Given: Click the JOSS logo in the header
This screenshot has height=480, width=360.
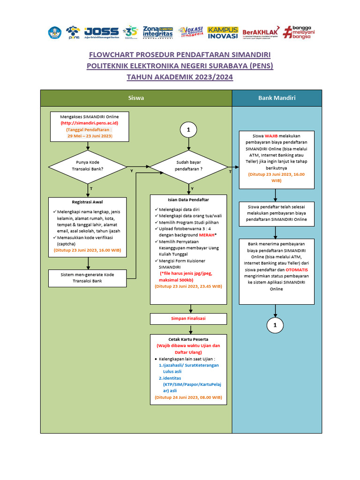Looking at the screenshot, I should [x=101, y=32].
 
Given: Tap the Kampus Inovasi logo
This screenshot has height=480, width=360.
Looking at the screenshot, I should [x=223, y=32].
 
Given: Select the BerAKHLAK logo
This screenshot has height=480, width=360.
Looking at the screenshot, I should [x=260, y=32].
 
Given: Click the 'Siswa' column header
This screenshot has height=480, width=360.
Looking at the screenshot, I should [x=136, y=98].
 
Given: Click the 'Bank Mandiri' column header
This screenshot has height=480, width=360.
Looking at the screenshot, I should [x=277, y=98].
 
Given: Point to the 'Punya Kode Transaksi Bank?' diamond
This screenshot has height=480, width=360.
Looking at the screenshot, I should [x=88, y=166].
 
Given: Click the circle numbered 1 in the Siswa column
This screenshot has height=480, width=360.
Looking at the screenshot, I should [x=188, y=130].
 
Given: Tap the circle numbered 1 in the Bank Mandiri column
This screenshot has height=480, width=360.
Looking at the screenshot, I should [x=275, y=325].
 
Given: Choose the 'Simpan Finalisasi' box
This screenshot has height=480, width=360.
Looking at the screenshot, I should [x=188, y=319].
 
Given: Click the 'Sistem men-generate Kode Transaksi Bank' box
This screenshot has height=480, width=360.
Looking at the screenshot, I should [x=88, y=277].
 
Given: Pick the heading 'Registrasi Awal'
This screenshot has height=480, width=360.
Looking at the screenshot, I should [x=87, y=202].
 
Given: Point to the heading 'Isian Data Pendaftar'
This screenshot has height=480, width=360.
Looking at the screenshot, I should [x=188, y=200].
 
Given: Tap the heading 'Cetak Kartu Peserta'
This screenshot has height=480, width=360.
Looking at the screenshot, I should [x=188, y=339].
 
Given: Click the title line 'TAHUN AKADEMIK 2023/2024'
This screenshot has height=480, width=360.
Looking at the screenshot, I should [x=180, y=77].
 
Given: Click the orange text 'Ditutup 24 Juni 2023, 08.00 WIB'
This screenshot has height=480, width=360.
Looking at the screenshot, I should [x=188, y=397].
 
